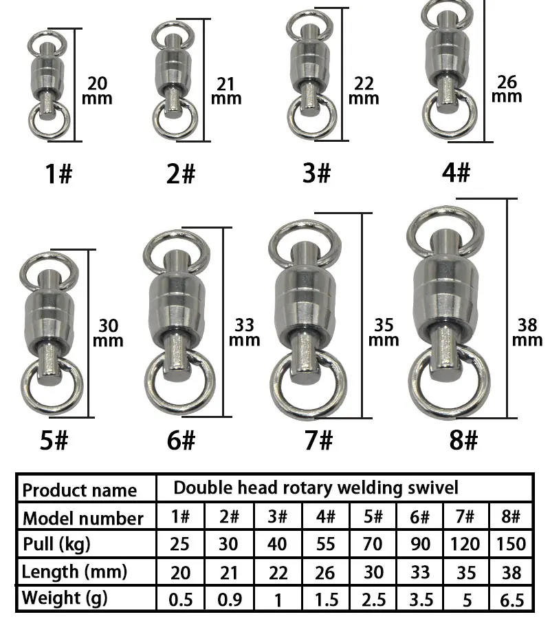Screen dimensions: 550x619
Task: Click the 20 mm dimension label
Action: (x=97, y=91)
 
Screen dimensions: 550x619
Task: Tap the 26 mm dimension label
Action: (x=507, y=89)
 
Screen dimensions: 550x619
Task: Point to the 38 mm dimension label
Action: (x=527, y=333)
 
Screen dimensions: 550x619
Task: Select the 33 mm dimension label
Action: (x=245, y=333)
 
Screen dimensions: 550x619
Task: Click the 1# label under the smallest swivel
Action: (x=59, y=174)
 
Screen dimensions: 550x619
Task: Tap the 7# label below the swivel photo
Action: (x=318, y=440)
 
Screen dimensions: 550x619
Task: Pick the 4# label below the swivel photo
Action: (x=456, y=173)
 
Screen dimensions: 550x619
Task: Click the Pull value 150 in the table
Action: (x=511, y=544)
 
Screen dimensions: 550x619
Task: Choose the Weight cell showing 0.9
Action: (x=230, y=599)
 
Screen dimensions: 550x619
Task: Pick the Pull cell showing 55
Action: (x=326, y=544)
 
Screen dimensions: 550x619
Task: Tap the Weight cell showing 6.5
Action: (x=511, y=600)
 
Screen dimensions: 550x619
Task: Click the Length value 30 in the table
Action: (x=373, y=572)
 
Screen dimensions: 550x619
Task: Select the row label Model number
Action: (x=82, y=518)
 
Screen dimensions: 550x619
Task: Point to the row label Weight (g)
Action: (x=64, y=598)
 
